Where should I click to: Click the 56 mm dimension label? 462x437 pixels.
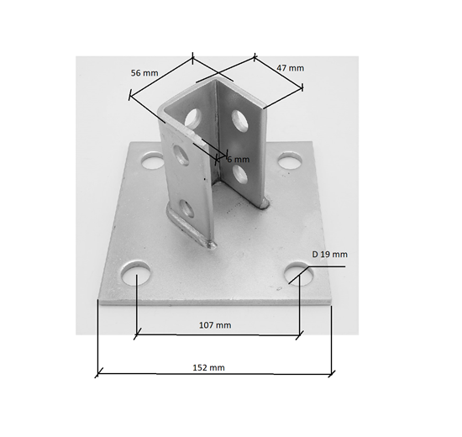[144, 73]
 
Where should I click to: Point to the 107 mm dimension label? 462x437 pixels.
[217, 324]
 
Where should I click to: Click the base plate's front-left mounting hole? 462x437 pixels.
[135, 274]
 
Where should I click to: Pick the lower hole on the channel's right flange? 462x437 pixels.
[239, 175]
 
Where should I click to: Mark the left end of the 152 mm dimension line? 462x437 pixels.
[98, 373]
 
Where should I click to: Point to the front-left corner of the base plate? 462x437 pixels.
[99, 305]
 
